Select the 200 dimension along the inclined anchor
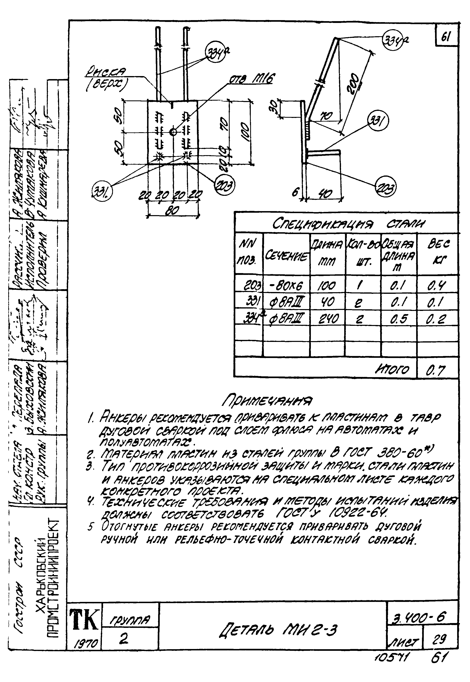pyautogui.click(x=354, y=84)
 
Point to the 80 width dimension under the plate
pyautogui.click(x=172, y=210)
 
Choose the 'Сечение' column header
pyautogui.click(x=287, y=255)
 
